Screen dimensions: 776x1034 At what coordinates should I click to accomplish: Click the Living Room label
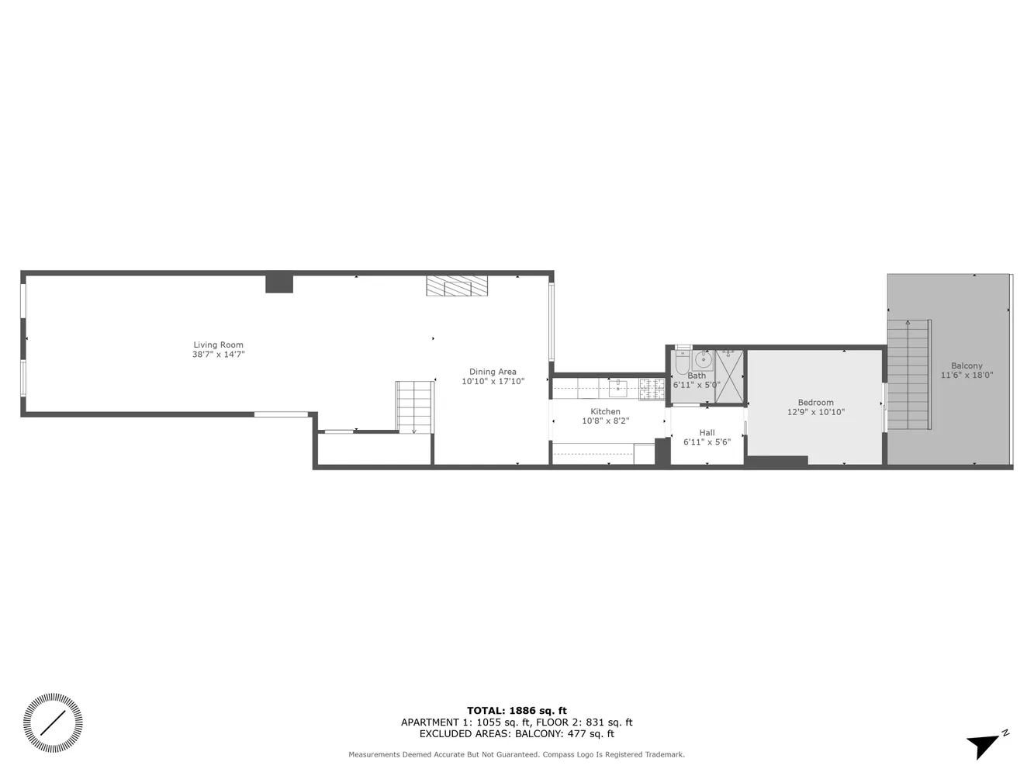[218, 345]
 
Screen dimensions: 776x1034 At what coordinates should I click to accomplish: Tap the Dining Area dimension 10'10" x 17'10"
[493, 381]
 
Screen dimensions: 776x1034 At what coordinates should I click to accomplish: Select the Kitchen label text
[605, 411]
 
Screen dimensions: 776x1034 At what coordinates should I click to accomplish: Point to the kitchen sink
[617, 387]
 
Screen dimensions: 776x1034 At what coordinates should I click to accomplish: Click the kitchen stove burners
[652, 388]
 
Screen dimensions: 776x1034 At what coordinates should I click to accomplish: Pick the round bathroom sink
[703, 360]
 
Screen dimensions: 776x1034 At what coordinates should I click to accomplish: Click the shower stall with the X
[729, 376]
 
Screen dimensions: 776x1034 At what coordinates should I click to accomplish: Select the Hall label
[707, 432]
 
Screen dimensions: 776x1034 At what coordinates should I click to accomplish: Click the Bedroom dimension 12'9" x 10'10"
[815, 412]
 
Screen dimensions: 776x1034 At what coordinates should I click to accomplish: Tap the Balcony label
[967, 365]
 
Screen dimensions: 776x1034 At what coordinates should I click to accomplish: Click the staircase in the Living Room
[415, 406]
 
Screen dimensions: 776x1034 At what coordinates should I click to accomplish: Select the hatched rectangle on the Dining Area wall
[458, 286]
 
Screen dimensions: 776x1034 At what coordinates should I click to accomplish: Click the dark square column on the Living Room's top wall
[279, 283]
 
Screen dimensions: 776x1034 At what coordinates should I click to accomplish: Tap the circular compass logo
[53, 723]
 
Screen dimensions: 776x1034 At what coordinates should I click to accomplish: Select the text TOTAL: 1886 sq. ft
[517, 710]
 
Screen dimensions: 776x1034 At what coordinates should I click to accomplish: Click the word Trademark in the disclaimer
[662, 754]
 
